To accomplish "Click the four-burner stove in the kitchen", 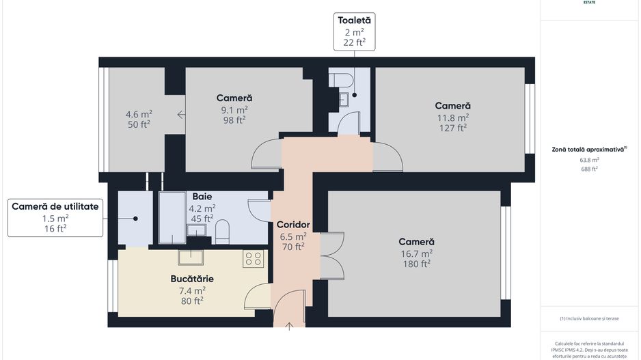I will point(253,258).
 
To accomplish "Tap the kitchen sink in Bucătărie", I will point(191,257).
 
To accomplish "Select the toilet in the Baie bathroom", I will point(222,232).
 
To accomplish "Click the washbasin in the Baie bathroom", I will point(197,230).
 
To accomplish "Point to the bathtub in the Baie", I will point(172,217).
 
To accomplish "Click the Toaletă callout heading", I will point(354,20).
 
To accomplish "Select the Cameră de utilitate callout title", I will point(55,206).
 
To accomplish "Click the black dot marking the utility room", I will point(135,219).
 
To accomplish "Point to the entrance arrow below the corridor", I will point(289,327).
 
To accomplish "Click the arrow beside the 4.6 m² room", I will point(181,115).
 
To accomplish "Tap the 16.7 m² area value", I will point(417,253).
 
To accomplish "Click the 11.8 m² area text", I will point(453,117).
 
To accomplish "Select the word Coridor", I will point(293,224).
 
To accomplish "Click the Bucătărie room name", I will point(192,279).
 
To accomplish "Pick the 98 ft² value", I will point(234,119).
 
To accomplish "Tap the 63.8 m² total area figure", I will point(589,160).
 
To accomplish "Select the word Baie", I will point(202,196).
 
